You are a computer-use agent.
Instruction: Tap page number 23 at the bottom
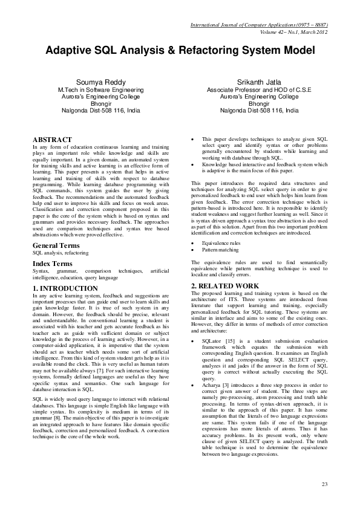tap(325, 484)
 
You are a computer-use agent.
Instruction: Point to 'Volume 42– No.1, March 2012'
tap(293, 33)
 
